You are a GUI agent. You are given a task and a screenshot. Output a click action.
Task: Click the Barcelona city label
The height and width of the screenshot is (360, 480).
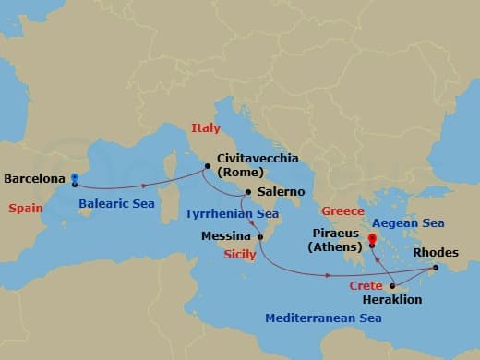click(35, 178)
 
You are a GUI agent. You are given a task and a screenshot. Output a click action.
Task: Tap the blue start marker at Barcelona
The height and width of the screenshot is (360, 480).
click(75, 177)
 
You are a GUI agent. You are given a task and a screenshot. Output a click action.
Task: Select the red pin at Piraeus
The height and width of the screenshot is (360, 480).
click(372, 241)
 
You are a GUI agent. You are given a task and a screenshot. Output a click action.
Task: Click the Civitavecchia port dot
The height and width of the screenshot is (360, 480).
click(208, 167)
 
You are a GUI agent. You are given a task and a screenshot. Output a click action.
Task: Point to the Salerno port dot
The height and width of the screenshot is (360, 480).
click(248, 193)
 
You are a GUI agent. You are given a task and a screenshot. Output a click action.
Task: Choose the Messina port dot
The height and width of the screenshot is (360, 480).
click(261, 236)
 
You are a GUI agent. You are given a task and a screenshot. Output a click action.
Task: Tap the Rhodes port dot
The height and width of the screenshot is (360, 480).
click(436, 268)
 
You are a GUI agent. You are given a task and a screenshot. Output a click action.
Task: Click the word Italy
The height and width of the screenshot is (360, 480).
click(206, 127)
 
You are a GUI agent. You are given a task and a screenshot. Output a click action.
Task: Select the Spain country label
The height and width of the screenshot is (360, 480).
click(26, 209)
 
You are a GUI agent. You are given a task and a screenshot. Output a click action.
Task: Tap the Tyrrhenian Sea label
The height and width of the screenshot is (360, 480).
click(232, 213)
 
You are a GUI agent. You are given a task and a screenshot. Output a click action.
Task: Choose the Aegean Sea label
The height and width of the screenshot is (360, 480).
click(408, 222)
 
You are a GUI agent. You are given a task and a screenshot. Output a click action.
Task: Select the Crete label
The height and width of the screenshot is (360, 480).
click(366, 287)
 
